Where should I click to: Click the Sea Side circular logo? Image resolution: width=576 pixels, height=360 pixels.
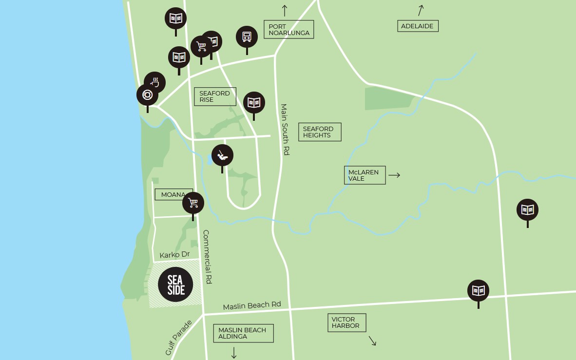pyautogui.click(x=175, y=284)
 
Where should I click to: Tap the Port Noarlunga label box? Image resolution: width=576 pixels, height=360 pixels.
pyautogui.click(x=288, y=30)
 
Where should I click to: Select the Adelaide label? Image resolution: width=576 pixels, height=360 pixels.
pyautogui.click(x=417, y=26)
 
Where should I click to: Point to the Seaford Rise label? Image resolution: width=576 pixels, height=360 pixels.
pyautogui.click(x=214, y=96)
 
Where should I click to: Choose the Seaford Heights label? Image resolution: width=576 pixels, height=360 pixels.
pyautogui.click(x=319, y=132)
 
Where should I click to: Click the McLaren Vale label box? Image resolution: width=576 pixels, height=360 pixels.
pyautogui.click(x=364, y=175)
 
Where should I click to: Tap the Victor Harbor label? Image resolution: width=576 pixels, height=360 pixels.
pyautogui.click(x=346, y=322)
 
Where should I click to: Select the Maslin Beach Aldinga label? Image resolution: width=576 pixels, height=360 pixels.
pyautogui.click(x=243, y=333)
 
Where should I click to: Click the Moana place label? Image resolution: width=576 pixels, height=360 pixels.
pyautogui.click(x=173, y=194)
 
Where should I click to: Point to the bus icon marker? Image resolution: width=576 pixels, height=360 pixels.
pyautogui.click(x=247, y=37)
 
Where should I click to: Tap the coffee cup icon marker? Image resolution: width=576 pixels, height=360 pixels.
pyautogui.click(x=155, y=82)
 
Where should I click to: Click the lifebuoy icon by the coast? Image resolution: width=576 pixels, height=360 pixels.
pyautogui.click(x=147, y=95)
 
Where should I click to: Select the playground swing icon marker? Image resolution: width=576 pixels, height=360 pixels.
pyautogui.click(x=222, y=155)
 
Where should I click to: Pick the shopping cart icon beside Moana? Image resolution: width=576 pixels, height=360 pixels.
pyautogui.click(x=193, y=203)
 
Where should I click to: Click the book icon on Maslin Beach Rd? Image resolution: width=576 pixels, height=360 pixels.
pyautogui.click(x=478, y=290)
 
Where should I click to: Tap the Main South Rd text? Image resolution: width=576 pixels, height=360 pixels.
pyautogui.click(x=285, y=130)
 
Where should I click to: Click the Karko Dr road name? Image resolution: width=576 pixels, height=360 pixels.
pyautogui.click(x=174, y=255)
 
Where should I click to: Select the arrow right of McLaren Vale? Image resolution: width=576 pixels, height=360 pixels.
pyautogui.click(x=394, y=175)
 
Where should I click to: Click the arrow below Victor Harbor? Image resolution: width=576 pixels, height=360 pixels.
pyautogui.click(x=372, y=341)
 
